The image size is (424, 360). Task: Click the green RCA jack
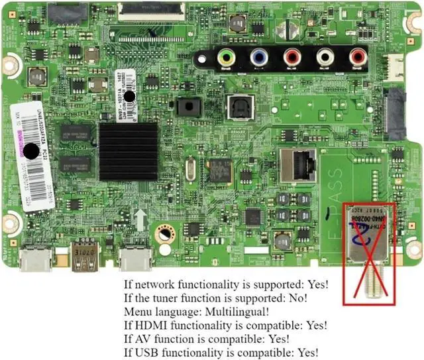click(227, 58)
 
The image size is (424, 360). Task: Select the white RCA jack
click(325, 58)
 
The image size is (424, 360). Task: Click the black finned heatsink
click(129, 152)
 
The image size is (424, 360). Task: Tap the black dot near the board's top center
click(129, 97)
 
